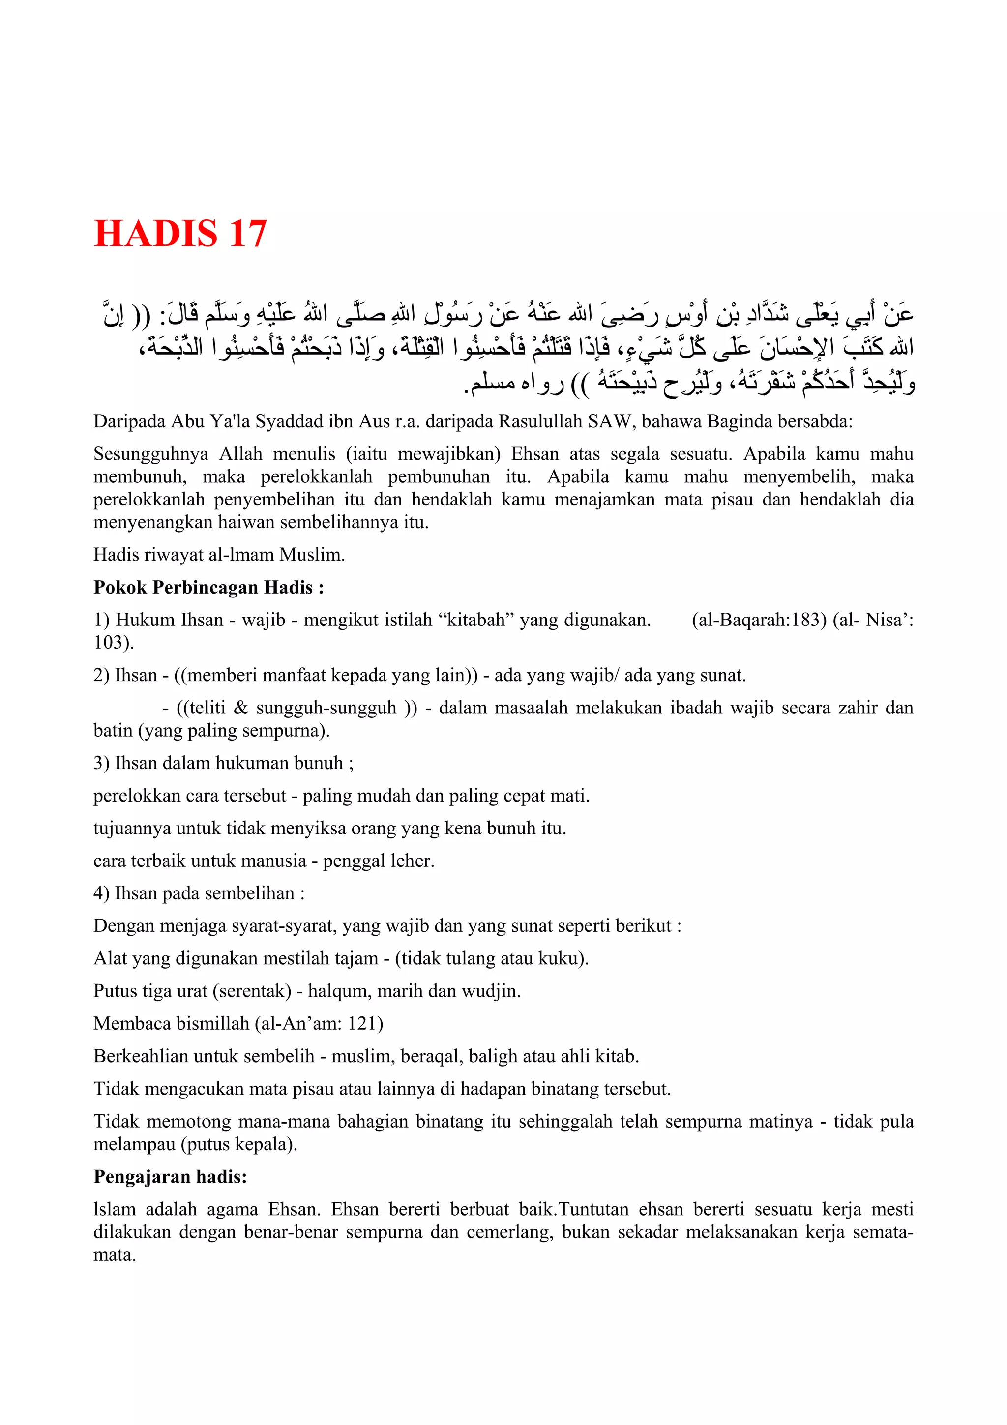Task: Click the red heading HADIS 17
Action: point(180,234)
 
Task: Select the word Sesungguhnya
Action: point(151,454)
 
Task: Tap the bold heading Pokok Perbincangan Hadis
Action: point(208,587)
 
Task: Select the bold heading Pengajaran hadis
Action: point(170,1177)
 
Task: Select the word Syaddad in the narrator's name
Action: point(290,421)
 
